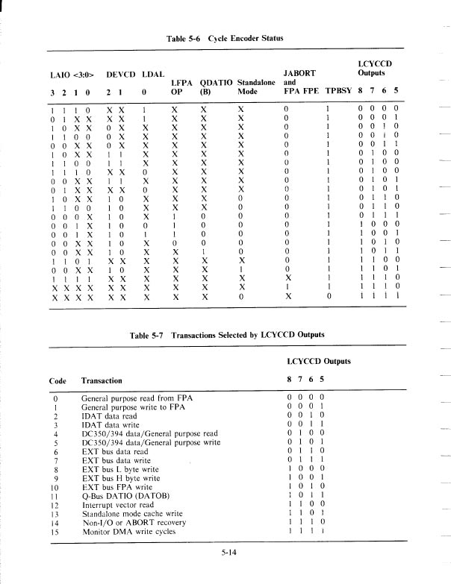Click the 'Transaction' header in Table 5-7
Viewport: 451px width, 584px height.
point(101,380)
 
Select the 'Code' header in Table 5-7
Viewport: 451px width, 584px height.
point(57,380)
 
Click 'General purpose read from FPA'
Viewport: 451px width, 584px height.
point(137,398)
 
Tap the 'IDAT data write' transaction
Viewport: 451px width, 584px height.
point(111,425)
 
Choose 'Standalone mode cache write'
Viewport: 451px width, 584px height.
point(132,514)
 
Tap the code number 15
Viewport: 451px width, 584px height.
point(56,532)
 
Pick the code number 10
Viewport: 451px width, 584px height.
point(56,487)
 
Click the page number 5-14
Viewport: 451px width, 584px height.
point(228,552)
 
